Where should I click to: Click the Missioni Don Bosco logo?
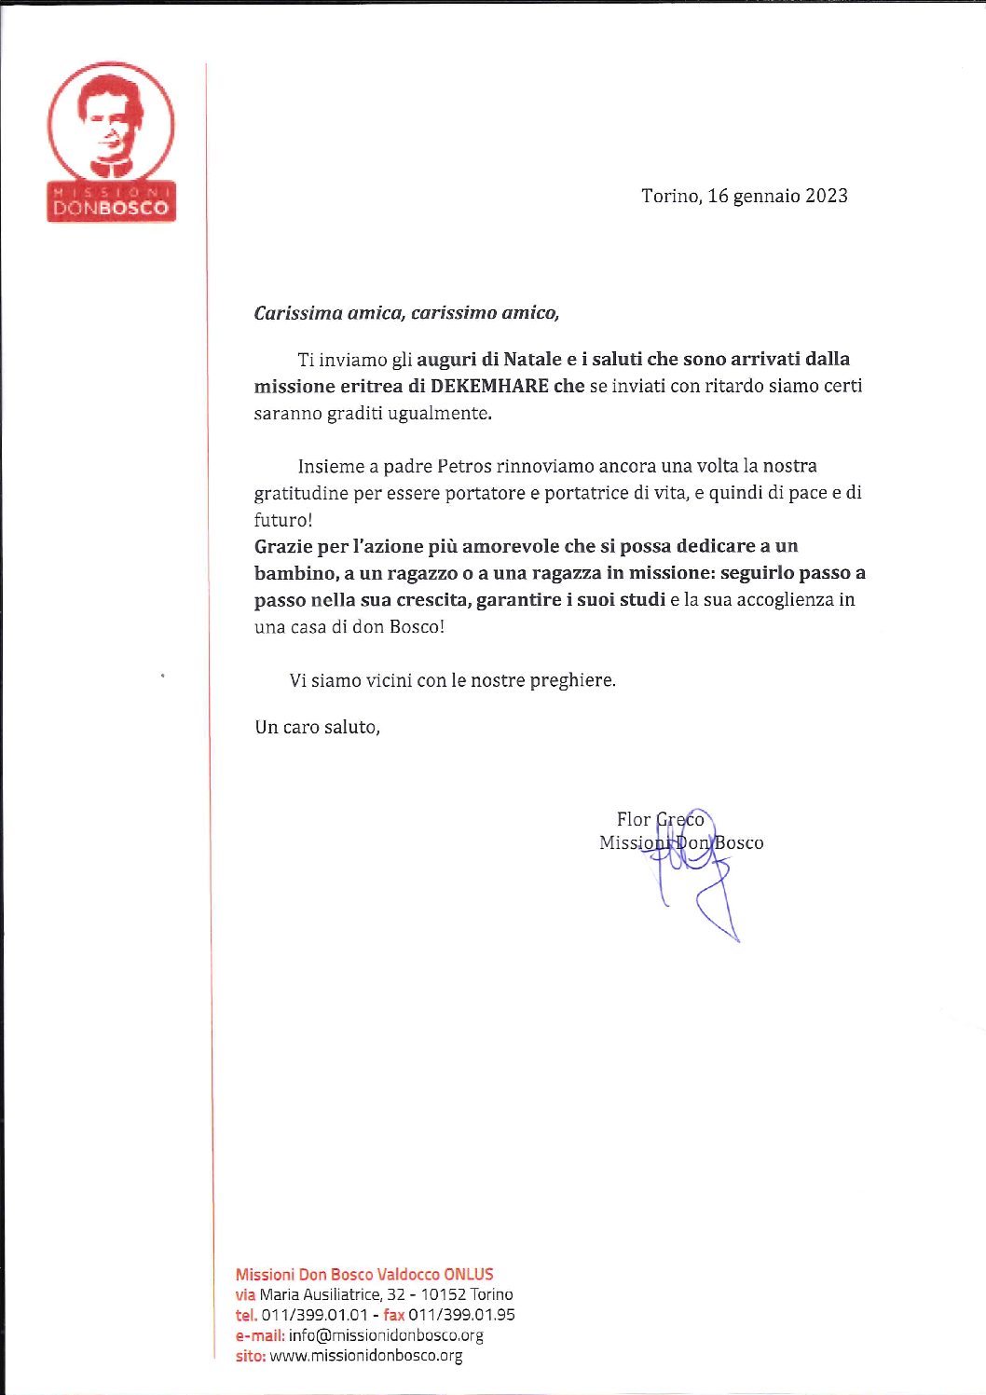point(111,142)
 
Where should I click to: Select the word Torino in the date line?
point(669,196)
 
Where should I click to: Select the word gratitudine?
point(301,492)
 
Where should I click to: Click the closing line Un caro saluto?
point(317,727)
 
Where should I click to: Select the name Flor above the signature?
point(634,819)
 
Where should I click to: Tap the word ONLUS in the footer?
point(469,1274)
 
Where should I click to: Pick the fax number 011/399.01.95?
point(461,1315)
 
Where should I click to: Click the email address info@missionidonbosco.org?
point(386,1335)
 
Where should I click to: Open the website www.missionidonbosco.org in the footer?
point(366,1356)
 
